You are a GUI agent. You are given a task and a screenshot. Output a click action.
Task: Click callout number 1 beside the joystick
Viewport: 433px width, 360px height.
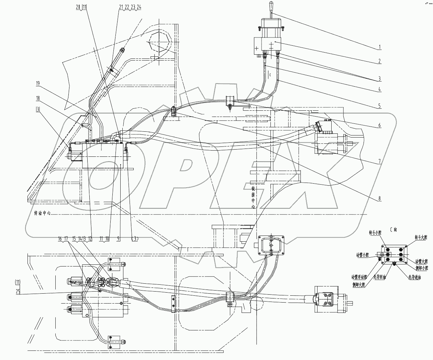(x=379, y=46)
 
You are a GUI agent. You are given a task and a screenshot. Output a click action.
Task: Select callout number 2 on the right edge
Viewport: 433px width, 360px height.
(x=379, y=61)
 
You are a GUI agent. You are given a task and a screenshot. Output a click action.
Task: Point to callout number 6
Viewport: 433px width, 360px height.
(x=379, y=126)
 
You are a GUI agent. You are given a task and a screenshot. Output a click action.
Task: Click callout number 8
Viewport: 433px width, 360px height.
(x=379, y=198)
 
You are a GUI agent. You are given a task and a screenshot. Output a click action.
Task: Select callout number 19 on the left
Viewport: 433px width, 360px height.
(x=37, y=83)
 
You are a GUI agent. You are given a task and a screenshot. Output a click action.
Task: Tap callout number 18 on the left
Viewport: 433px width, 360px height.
(x=37, y=98)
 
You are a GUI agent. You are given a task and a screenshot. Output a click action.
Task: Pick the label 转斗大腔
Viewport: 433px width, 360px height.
(x=421, y=237)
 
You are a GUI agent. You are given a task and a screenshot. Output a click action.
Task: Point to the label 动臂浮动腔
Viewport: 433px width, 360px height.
(x=359, y=276)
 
